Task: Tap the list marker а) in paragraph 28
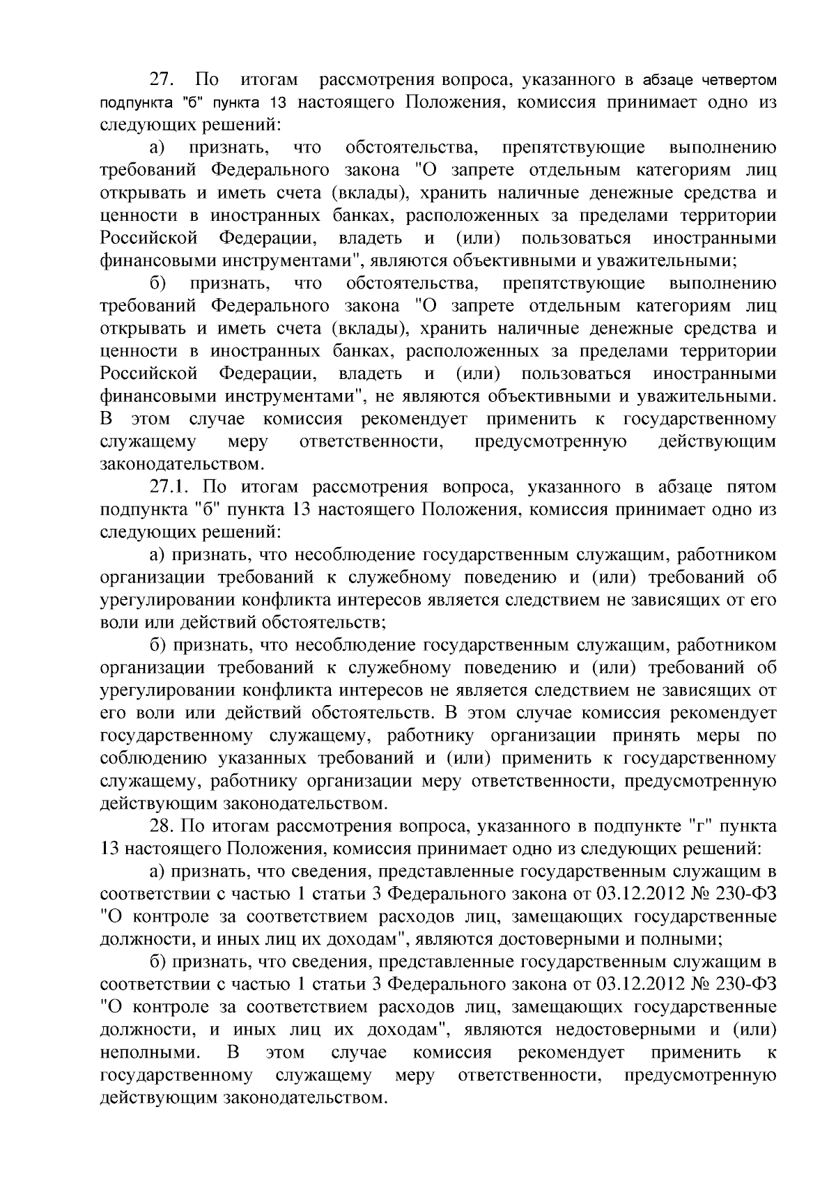[160, 872]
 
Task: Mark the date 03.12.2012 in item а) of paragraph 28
[638, 895]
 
